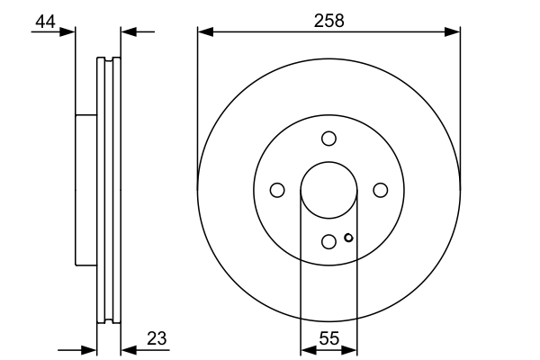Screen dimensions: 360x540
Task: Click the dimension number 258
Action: point(328,21)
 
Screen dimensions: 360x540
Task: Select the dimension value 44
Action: point(45,21)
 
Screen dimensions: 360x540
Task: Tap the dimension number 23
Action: point(156,338)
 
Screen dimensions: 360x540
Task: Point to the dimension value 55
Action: point(328,339)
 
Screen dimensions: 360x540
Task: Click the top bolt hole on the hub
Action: point(328,139)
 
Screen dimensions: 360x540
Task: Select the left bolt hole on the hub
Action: point(277,190)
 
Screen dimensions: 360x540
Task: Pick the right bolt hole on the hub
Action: point(380,190)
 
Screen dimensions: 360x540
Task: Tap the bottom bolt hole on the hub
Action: point(328,241)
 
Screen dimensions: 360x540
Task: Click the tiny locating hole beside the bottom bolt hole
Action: point(348,238)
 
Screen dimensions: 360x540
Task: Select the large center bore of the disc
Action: point(328,190)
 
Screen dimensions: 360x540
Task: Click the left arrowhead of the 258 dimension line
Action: point(203,32)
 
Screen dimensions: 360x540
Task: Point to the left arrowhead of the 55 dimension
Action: point(305,349)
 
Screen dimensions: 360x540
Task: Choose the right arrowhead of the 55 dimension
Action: point(352,349)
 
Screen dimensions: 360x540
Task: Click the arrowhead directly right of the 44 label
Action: point(69,32)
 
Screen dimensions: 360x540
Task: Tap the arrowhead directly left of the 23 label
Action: point(126,349)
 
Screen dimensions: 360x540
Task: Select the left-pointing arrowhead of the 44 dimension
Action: point(127,32)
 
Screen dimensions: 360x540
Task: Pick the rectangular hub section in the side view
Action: point(85,190)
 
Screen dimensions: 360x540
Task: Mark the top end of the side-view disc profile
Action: point(108,60)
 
